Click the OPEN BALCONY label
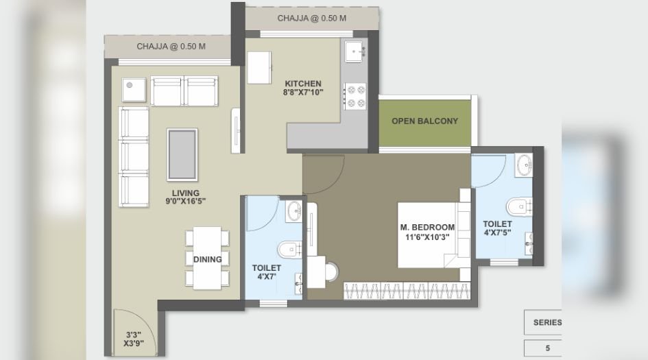pos(424,121)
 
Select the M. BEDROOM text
pos(427,228)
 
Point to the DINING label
pos(207,259)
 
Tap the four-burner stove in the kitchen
pos(355,96)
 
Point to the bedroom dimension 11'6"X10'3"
pos(427,238)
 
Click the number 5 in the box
pos(547,348)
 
